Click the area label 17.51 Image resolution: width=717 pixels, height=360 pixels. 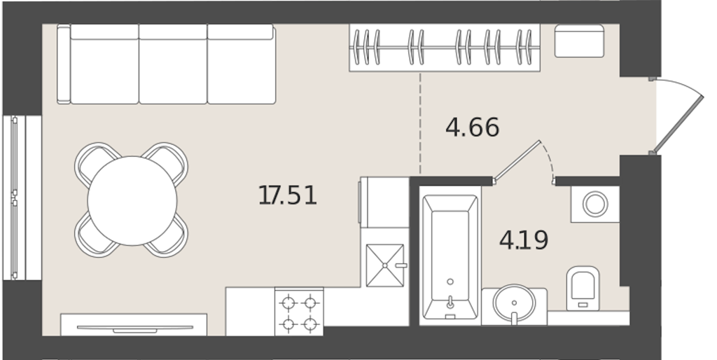[x=288, y=195]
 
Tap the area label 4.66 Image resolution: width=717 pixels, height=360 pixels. [x=473, y=127]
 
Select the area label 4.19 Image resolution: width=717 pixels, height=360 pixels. [x=524, y=240]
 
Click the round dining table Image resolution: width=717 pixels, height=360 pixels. [x=132, y=200]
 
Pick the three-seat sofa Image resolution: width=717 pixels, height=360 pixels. [x=167, y=64]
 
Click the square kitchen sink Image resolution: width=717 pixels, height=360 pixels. [x=385, y=265]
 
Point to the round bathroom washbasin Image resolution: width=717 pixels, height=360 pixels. [x=514, y=303]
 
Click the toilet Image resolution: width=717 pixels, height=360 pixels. [x=583, y=288]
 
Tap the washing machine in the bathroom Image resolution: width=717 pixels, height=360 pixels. [x=595, y=204]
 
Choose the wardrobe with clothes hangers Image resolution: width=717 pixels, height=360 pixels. [x=445, y=48]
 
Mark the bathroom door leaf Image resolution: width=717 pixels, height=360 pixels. [x=517, y=160]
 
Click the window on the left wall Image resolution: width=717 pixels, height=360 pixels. [x=22, y=198]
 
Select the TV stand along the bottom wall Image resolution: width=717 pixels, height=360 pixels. [x=134, y=325]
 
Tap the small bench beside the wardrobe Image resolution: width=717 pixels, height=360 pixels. [x=579, y=41]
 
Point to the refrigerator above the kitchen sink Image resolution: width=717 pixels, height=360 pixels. [x=384, y=202]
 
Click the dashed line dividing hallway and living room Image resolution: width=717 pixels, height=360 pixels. [x=420, y=123]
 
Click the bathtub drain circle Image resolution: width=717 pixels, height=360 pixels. [x=450, y=282]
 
